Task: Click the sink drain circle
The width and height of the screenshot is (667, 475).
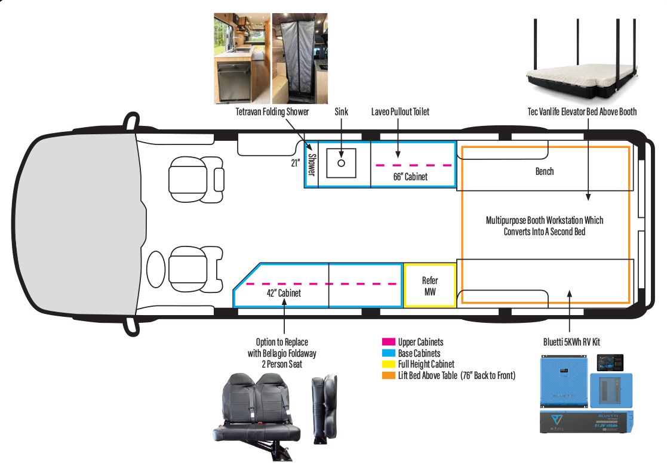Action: pos(341,163)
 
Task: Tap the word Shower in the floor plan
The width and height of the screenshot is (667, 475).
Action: pos(311,165)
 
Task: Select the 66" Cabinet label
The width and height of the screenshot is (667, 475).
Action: pos(410,177)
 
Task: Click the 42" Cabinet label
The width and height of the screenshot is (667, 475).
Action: pos(284,293)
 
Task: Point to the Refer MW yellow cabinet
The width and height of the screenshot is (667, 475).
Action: pos(429,285)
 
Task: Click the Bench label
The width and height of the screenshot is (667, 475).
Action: pos(545,171)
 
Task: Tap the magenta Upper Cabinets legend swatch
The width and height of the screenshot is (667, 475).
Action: pos(388,342)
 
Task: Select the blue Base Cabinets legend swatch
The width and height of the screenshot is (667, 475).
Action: pos(388,353)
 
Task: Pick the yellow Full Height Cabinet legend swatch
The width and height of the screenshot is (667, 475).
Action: pos(388,364)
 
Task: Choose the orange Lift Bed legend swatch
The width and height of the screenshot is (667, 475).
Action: pos(388,375)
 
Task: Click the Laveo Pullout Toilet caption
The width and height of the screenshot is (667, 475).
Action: pos(400,112)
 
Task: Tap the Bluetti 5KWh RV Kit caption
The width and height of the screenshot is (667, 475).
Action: pos(571,342)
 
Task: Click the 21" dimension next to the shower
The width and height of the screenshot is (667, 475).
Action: pos(295,163)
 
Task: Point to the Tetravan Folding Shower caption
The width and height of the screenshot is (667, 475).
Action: pos(272,112)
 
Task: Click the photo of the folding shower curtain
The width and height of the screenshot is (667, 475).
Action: pos(300,58)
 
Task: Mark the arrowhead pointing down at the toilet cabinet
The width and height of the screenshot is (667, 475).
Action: pos(398,154)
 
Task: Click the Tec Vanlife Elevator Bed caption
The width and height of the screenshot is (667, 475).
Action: pos(582,112)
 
